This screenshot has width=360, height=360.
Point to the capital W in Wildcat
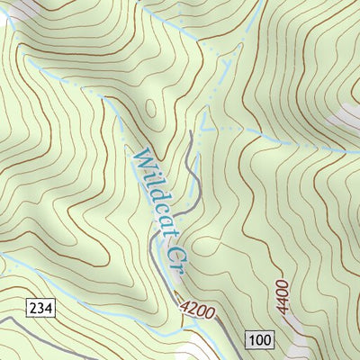(139, 160)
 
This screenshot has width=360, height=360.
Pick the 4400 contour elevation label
(282, 296)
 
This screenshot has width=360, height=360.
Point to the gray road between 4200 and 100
(225, 324)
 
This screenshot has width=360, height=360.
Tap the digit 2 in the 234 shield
(33, 309)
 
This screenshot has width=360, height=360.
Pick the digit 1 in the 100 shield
(251, 339)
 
